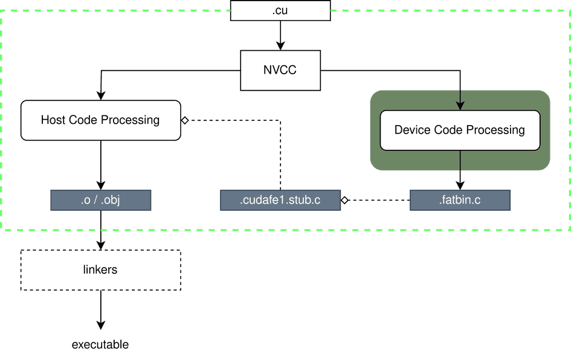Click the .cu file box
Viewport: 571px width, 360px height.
[x=280, y=10]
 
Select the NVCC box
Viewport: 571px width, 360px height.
[x=280, y=70]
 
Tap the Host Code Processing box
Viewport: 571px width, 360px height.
[x=100, y=120]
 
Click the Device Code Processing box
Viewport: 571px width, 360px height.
[x=459, y=130]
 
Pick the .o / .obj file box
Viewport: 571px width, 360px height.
[x=100, y=201]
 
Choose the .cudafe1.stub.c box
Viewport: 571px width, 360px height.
[x=280, y=201]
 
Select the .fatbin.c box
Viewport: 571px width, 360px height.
[x=460, y=201]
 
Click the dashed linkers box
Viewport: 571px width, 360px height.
[x=100, y=270]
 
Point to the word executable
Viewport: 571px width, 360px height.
[x=100, y=345]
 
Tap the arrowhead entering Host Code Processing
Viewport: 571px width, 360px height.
[x=101, y=95]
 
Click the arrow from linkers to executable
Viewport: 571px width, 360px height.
[x=101, y=311]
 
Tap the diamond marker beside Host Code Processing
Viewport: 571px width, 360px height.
[x=185, y=120]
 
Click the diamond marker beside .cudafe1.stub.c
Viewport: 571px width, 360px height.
[x=344, y=200]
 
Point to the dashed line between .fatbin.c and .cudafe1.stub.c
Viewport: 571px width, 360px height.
[x=378, y=200]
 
